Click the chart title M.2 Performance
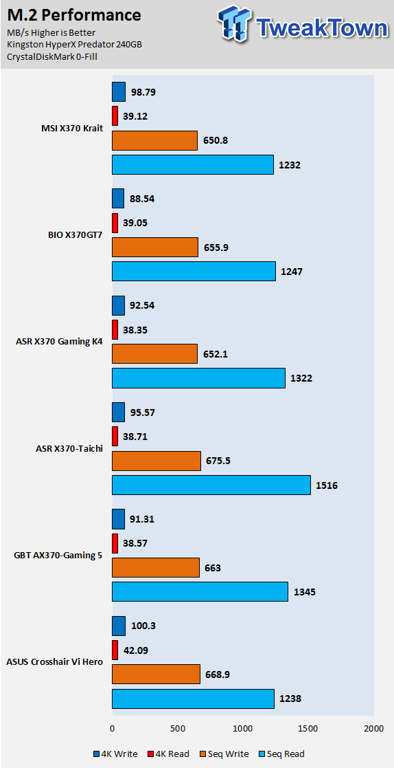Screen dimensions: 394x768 74,15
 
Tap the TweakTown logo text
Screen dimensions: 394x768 322,28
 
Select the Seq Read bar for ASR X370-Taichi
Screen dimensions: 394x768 211,485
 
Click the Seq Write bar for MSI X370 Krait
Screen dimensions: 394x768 154,140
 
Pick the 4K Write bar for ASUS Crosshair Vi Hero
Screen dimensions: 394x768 119,626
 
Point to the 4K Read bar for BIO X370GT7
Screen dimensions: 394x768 115,223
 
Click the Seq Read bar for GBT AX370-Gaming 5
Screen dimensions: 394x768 200,592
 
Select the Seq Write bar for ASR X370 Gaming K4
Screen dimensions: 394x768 154,353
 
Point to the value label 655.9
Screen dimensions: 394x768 216,248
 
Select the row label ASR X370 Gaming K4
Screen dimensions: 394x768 59,341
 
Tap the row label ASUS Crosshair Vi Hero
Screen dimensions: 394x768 54,661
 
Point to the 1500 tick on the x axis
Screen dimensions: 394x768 308,728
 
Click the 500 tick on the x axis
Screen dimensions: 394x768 178,728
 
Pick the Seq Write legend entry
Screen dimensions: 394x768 224,754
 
